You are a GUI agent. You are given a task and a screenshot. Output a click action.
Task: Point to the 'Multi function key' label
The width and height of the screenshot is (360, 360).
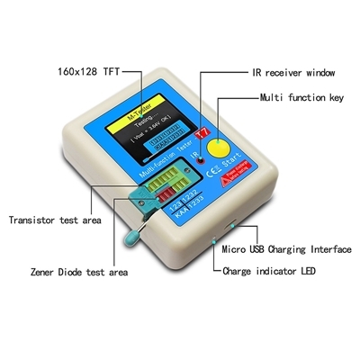pos(302,96)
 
